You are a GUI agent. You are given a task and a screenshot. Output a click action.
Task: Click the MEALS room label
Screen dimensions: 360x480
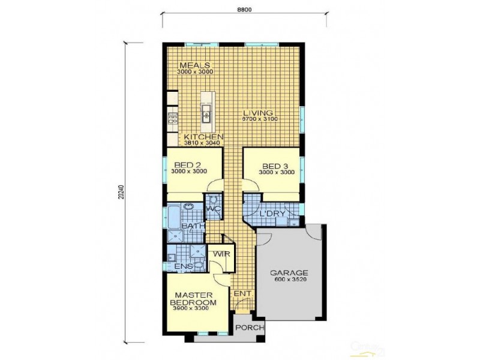click(x=195, y=65)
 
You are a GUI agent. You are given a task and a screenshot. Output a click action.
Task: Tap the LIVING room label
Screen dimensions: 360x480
click(x=258, y=113)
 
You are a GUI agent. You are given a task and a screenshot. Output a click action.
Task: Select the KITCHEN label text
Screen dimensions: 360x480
click(x=203, y=137)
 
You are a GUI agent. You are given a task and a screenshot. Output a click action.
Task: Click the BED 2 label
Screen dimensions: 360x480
click(x=188, y=164)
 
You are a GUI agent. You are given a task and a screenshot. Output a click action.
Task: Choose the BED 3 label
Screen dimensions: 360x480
click(x=277, y=166)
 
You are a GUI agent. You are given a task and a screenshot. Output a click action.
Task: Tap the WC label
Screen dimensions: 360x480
click(x=213, y=209)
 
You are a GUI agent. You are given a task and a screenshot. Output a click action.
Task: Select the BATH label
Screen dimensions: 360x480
click(x=192, y=226)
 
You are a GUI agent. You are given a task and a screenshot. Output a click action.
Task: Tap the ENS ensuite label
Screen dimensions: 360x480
click(x=175, y=266)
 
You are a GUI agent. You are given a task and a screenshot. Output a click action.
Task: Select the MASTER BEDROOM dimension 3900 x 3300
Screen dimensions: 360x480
click(x=191, y=308)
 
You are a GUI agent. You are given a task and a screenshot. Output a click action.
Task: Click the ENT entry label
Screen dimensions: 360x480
click(x=241, y=293)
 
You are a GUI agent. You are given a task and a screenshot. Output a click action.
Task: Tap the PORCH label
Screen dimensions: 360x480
click(x=246, y=328)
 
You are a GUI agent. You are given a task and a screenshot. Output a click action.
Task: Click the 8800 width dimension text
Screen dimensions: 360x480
click(x=243, y=9)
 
